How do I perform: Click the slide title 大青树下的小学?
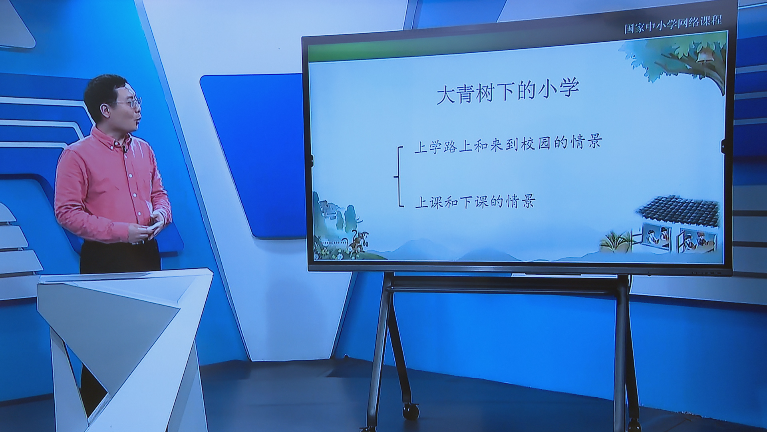[508, 92]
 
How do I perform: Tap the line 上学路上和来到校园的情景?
[508, 144]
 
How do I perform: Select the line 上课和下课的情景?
[475, 202]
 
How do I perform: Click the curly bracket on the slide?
[399, 176]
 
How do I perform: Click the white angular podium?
[124, 344]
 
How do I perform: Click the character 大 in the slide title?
[445, 94]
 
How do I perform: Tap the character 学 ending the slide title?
[569, 89]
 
